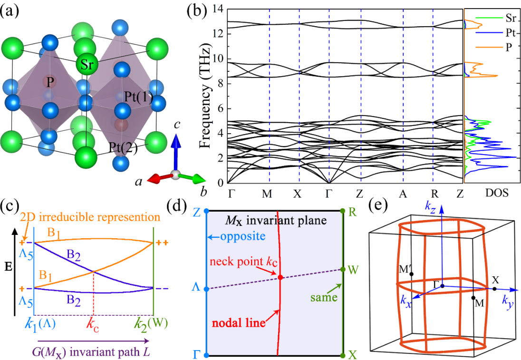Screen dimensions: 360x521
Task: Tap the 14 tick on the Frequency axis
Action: (x=218, y=9)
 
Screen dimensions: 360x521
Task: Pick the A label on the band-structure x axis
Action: (x=403, y=194)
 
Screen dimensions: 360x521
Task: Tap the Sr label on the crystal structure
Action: (x=87, y=65)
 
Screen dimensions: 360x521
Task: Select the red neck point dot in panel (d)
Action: (x=280, y=277)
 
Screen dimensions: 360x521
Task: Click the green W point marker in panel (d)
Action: (x=343, y=270)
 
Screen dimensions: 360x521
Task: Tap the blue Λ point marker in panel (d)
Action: (x=206, y=289)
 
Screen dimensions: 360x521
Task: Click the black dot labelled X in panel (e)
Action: (x=495, y=289)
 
